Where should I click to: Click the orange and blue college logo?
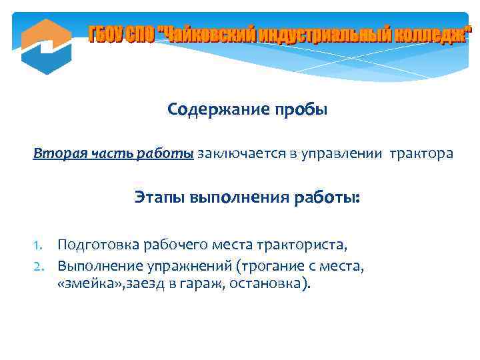coord(46,46)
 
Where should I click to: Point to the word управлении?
coord(340,154)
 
